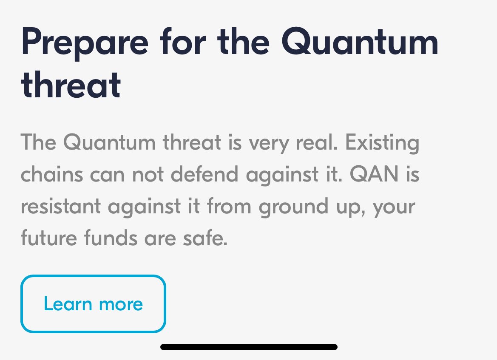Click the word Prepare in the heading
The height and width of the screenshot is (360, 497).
coord(85,43)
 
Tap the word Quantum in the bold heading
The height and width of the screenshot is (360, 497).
coord(361,43)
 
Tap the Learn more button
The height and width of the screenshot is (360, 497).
coord(93,304)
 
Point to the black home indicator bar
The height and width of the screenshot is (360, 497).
coord(249,347)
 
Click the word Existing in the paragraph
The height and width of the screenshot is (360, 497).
coord(382,143)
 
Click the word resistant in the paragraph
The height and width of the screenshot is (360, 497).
coord(60,207)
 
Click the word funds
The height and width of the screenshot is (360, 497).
coord(111,238)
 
